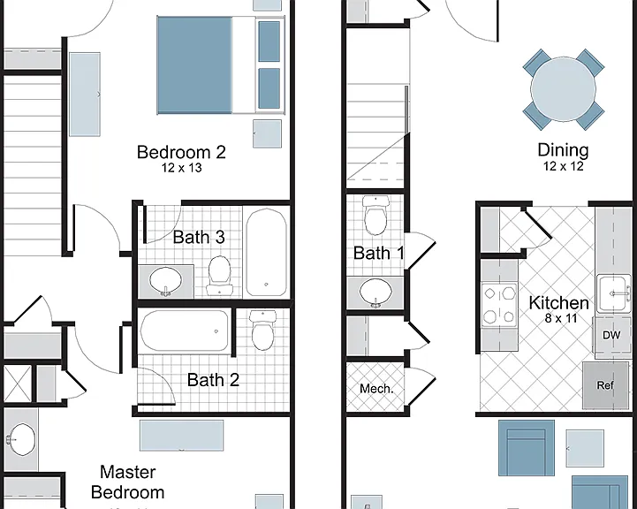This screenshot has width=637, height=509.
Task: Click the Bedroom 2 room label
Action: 181,152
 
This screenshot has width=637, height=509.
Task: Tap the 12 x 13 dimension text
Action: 182,168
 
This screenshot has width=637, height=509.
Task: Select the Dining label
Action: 563,150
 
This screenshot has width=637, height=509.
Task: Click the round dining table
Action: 563,89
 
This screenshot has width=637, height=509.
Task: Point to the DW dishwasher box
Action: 611,336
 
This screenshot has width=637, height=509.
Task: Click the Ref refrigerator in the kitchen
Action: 605,385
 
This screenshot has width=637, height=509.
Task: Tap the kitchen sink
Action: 613,293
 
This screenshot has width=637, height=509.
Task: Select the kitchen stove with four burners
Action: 499,305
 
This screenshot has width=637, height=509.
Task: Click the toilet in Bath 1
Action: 375,216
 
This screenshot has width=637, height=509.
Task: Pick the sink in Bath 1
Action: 375,292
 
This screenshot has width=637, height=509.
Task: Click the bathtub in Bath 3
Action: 266,252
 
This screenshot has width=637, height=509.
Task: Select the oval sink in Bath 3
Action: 165,281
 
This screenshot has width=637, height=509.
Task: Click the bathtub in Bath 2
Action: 185,330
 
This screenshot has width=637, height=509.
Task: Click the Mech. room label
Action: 376,389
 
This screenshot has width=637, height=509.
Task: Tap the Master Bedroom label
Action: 127,482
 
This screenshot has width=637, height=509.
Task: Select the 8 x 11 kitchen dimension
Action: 561,318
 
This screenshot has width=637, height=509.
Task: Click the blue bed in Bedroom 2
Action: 221,65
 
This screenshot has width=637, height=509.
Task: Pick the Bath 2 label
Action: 213,380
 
